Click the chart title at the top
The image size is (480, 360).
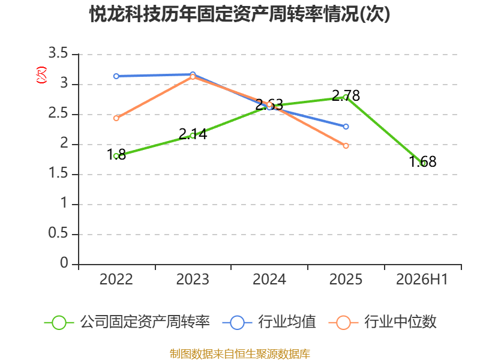[x=239, y=14]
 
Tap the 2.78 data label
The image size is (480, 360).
[x=346, y=96]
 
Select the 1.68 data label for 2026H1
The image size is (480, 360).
[x=423, y=161]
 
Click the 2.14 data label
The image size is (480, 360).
[x=193, y=134]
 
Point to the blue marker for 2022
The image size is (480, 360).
[x=116, y=76]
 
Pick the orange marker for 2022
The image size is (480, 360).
[x=116, y=118]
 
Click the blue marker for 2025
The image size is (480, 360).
[x=346, y=127]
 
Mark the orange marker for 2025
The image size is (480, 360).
[x=346, y=146]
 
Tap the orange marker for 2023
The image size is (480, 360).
[x=193, y=77]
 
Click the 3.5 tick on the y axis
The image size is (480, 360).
[x=58, y=53]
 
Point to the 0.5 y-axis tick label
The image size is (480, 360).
[x=58, y=233]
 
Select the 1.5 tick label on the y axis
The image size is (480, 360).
[x=58, y=173]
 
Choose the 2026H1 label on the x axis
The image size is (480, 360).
[x=422, y=280]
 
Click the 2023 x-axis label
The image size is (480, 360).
[x=193, y=280]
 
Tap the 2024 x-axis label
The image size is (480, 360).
[x=269, y=280]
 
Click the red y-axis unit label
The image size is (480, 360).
[x=41, y=75]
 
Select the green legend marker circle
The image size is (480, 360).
[x=59, y=323]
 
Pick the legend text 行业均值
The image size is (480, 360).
[x=287, y=322]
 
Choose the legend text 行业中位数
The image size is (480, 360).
[x=400, y=322]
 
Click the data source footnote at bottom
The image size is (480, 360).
[x=240, y=354]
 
